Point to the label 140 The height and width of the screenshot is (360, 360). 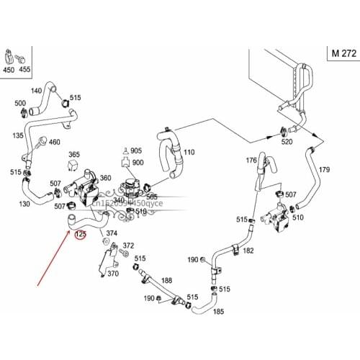[x=35, y=91]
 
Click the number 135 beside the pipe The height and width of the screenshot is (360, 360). [x=17, y=134]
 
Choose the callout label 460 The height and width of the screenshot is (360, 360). [x=54, y=143]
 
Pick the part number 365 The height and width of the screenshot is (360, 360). [x=74, y=155]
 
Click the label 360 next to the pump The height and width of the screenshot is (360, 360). [x=105, y=178]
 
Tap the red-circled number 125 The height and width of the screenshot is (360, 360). [x=81, y=234]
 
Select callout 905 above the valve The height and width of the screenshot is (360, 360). [x=136, y=150]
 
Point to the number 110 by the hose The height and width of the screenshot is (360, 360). [x=189, y=153]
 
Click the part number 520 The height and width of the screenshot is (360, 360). [x=287, y=142]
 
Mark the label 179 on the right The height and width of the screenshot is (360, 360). [x=324, y=170]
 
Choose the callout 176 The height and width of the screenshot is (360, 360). [x=251, y=160]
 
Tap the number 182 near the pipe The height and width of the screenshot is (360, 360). [x=248, y=251]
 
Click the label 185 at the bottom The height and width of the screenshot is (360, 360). [x=219, y=311]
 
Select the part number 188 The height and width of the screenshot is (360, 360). [x=167, y=281]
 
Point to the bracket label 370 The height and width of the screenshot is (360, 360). [x=113, y=274]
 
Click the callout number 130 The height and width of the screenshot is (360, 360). [x=24, y=204]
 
